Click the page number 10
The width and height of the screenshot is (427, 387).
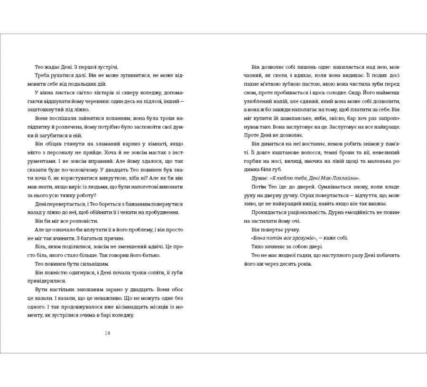point(107,333)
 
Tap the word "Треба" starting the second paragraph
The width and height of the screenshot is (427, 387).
point(43,76)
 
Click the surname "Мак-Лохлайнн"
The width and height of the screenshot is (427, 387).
point(339,178)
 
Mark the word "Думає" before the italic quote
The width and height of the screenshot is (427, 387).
point(258,178)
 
